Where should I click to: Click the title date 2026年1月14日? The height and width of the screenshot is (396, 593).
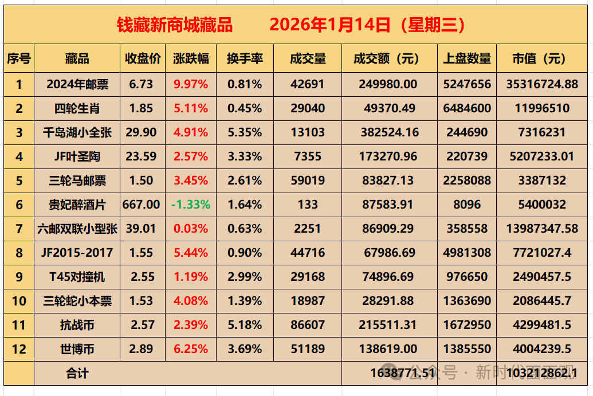(330, 25)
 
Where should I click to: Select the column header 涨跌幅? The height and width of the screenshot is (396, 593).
(191, 58)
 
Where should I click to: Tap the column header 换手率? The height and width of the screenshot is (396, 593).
(245, 58)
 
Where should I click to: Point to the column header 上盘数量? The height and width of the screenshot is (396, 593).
(467, 58)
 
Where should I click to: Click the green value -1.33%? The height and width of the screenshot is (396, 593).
(191, 205)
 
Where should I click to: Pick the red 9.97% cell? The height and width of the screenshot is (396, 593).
(191, 84)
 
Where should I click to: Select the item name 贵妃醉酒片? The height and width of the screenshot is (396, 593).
(77, 205)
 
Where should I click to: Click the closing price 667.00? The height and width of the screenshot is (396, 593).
(142, 205)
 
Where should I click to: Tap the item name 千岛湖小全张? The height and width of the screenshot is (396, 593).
(77, 132)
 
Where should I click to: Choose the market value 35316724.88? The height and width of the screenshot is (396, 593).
(542, 84)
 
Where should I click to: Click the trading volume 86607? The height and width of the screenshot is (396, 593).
(308, 325)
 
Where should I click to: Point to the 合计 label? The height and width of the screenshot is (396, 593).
(77, 374)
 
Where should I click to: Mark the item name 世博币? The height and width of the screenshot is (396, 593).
(77, 349)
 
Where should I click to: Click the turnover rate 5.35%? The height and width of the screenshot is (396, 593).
(245, 132)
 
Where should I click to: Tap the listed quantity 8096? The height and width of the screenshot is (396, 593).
(467, 205)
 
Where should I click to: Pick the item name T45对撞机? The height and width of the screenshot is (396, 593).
(77, 277)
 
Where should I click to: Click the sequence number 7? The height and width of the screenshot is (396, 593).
(19, 229)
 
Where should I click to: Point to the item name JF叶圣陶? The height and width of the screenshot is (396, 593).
(77, 156)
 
